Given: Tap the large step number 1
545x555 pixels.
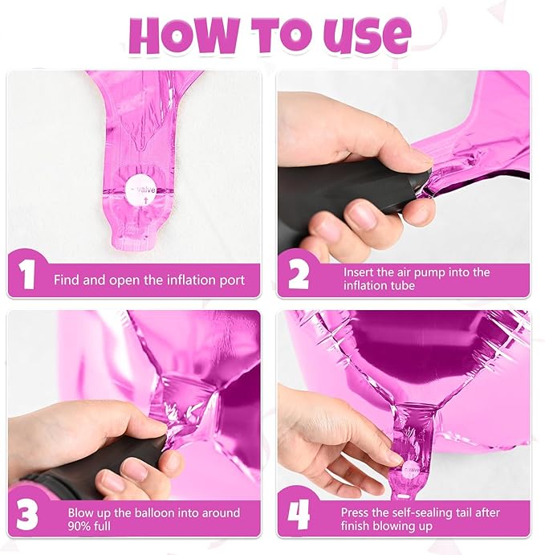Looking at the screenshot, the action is click(x=26, y=275).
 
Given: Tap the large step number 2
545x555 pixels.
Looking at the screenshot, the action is click(x=298, y=274).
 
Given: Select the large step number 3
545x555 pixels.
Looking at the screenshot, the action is click(x=26, y=516).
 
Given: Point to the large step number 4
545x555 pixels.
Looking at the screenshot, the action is click(x=299, y=515).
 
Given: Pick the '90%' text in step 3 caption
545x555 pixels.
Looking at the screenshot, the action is click(x=79, y=525).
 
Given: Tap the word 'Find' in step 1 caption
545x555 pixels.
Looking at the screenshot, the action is click(x=66, y=280).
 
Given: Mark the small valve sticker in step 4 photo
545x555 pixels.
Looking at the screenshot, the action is click(x=412, y=470).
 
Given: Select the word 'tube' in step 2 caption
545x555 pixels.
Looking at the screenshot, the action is click(x=401, y=286).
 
